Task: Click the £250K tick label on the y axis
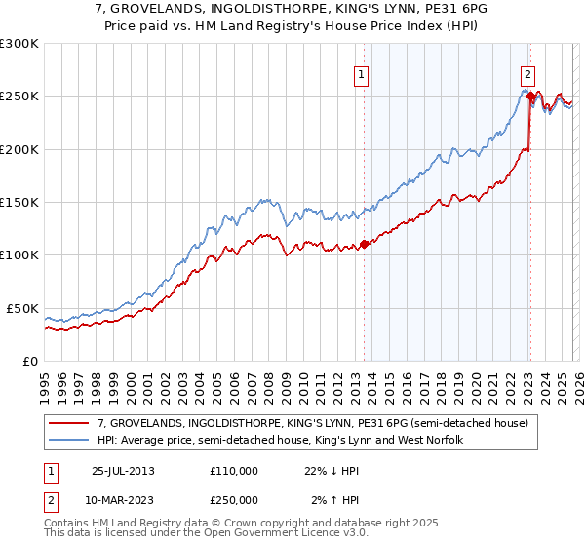(x=19, y=97)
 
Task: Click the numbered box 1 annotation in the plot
(x=361, y=73)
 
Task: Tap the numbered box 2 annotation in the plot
(x=527, y=73)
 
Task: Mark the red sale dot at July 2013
(x=364, y=245)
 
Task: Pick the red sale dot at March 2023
(x=529, y=97)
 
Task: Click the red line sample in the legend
(x=69, y=424)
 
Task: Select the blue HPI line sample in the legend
(x=69, y=441)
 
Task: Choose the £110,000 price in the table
(x=234, y=471)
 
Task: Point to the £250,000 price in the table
(x=234, y=500)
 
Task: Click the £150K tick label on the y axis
(x=19, y=202)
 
